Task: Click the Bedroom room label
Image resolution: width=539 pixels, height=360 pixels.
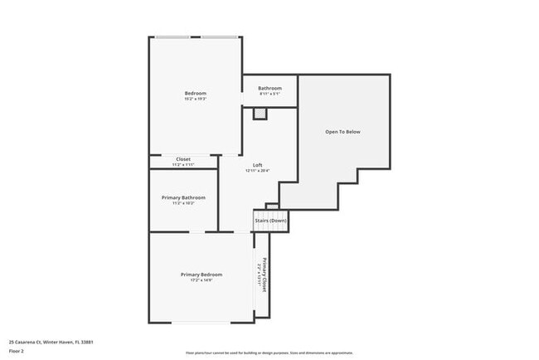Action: tap(195, 93)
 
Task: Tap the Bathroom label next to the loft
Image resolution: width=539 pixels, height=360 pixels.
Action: tap(269, 89)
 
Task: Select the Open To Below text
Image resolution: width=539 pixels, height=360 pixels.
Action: tap(342, 132)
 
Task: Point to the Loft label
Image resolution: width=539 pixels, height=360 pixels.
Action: tap(258, 165)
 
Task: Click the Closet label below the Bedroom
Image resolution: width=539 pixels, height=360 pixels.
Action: tap(183, 159)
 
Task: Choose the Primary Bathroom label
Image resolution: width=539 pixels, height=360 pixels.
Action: tap(183, 197)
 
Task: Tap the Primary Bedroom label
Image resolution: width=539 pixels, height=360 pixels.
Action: tap(202, 275)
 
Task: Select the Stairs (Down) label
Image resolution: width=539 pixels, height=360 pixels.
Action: tap(270, 221)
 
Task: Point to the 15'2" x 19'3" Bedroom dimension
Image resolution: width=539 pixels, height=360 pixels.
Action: tap(195, 99)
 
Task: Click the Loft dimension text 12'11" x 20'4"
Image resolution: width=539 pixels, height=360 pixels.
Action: tap(258, 171)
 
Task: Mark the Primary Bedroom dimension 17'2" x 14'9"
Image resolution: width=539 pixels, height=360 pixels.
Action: tap(202, 280)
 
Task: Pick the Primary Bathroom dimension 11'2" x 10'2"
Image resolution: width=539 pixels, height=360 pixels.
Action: tap(183, 203)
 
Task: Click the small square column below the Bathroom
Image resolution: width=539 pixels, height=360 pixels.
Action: tap(260, 114)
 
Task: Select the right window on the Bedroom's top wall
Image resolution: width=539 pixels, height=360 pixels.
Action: tap(221, 37)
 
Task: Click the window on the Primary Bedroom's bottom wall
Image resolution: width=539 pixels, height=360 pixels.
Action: tap(202, 323)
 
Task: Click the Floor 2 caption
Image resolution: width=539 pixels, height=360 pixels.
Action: tap(17, 350)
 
